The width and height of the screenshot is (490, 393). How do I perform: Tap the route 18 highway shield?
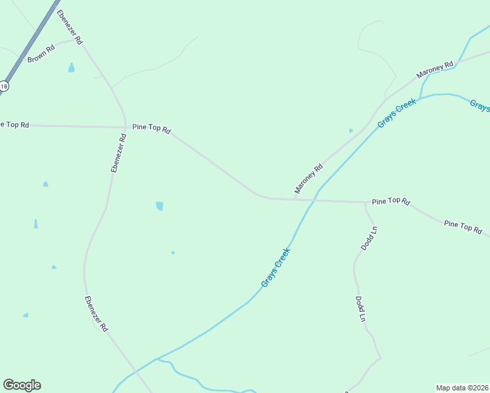pyautogui.click(x=4, y=86)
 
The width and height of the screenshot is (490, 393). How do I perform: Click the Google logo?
pyautogui.click(x=22, y=385)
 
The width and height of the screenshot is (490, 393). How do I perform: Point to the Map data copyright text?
pyautogui.click(x=462, y=388)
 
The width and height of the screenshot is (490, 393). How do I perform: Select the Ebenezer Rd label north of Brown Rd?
pyautogui.click(x=69, y=27)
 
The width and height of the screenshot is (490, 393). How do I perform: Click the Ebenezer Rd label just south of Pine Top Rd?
pyautogui.click(x=118, y=153)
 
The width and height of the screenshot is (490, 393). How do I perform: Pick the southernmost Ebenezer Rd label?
pyautogui.click(x=96, y=314)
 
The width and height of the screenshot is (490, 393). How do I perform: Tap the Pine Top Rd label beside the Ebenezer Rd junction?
pyautogui.click(x=151, y=128)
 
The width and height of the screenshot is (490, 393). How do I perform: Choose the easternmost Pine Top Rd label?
pyautogui.click(x=462, y=227)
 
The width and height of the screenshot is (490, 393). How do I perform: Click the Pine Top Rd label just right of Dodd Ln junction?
pyautogui.click(x=390, y=202)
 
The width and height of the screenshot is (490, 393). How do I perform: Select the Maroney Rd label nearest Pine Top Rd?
pyautogui.click(x=309, y=178)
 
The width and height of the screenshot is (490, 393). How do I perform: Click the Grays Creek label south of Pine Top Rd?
pyautogui.click(x=275, y=267)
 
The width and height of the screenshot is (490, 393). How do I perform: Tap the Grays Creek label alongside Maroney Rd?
pyautogui.click(x=396, y=113)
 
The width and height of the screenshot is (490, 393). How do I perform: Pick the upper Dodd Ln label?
pyautogui.click(x=369, y=238)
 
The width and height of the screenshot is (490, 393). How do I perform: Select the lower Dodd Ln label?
pyautogui.click(x=360, y=309)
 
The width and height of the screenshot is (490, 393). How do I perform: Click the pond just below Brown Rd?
pyautogui.click(x=71, y=67)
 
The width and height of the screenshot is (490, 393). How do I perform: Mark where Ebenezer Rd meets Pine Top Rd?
pyautogui.click(x=125, y=126)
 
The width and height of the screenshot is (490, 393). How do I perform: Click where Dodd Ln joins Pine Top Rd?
pyautogui.click(x=364, y=202)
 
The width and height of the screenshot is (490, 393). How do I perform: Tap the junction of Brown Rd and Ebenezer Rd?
pyautogui.click(x=77, y=40)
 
